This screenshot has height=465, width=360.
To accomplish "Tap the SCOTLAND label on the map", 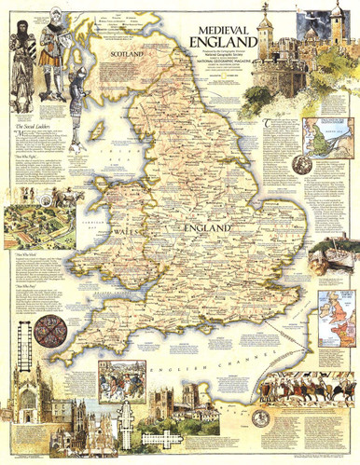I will [x=129, y=55].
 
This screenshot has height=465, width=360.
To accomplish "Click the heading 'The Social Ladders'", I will [x=28, y=125].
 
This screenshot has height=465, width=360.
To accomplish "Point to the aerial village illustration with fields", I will [x=43, y=225].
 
